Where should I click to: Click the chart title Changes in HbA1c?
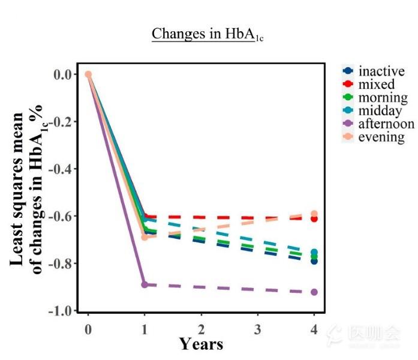tap(208, 34)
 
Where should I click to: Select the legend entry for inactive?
tap(381, 71)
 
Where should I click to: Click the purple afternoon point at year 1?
tap(145, 284)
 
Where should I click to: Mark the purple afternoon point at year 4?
tap(314, 292)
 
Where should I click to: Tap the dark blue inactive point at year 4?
tap(314, 261)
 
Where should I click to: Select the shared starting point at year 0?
tap(88, 74)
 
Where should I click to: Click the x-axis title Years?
tap(202, 344)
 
